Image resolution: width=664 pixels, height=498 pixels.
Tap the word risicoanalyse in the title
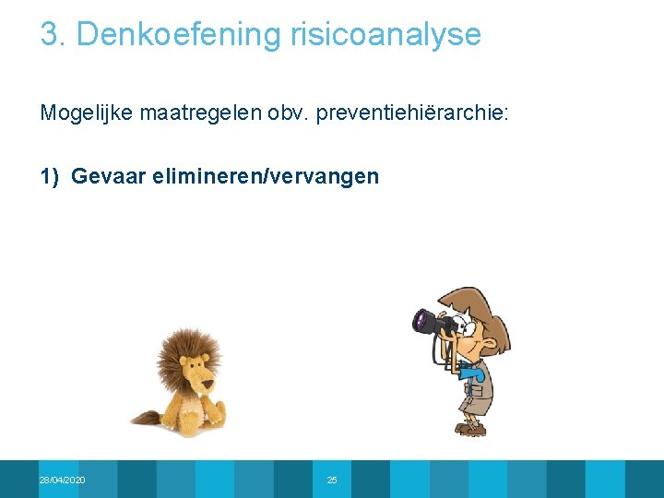(385, 35)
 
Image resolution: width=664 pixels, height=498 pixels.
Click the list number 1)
(50, 176)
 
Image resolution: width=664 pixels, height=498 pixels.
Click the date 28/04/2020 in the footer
(63, 480)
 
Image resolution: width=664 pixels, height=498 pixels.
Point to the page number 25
(332, 480)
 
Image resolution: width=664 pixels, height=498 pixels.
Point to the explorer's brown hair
(480, 300)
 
